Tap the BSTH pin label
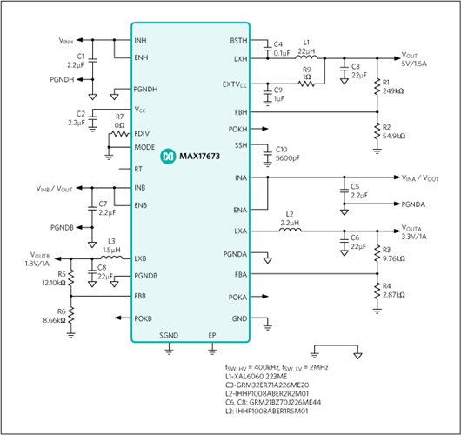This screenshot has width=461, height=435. tap(237, 41)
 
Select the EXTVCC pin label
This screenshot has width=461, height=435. tap(233, 84)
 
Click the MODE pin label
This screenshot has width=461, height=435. tap(144, 147)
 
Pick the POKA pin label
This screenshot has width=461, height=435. tap(236, 297)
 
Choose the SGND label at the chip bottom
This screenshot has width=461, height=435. tap(169, 335)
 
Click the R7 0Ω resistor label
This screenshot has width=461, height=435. tap(119, 120)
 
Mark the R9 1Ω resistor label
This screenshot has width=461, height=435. tap(306, 72)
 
